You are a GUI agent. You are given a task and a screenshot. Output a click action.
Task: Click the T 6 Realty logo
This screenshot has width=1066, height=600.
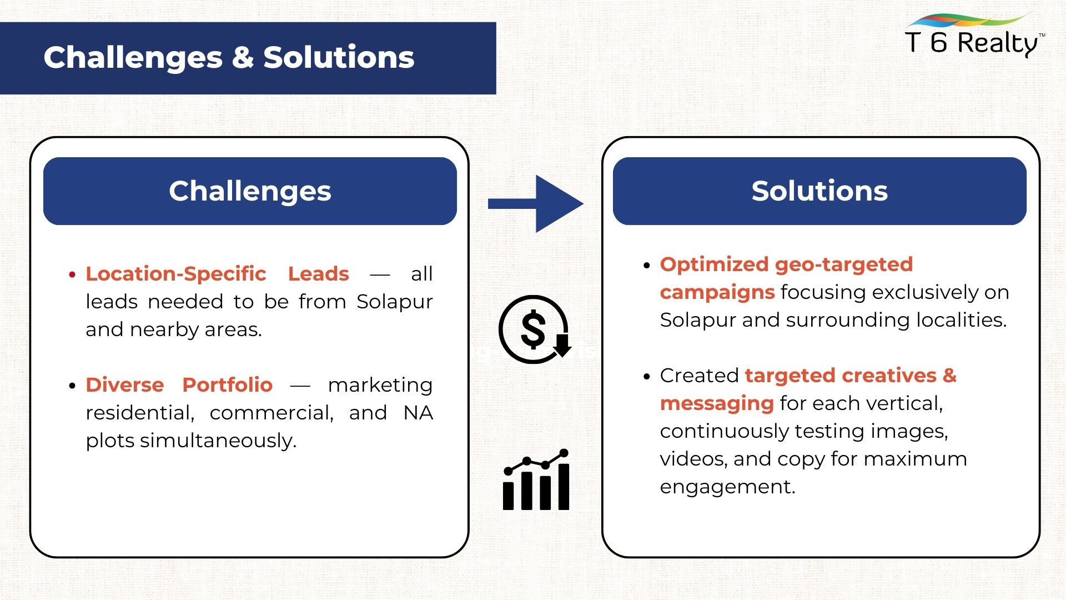click(975, 36)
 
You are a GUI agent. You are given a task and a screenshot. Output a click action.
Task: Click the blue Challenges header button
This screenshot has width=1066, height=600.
click(250, 191)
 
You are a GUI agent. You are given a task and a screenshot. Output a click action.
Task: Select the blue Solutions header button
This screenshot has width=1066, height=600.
click(819, 191)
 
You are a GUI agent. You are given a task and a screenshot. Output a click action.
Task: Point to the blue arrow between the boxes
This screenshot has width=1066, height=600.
click(535, 204)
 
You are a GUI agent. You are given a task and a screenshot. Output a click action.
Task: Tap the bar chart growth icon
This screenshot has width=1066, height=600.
click(536, 479)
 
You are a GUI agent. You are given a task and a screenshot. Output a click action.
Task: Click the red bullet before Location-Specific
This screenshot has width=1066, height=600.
click(72, 274)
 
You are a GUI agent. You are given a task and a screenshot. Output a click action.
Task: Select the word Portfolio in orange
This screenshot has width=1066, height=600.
click(228, 384)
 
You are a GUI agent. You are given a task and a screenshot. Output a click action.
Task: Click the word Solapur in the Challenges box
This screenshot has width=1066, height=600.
click(394, 302)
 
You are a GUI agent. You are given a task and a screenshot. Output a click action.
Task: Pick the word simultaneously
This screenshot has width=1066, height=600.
click(218, 441)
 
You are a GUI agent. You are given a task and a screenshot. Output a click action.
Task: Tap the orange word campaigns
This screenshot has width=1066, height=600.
click(717, 293)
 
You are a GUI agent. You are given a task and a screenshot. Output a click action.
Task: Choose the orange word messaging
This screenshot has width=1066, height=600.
click(717, 404)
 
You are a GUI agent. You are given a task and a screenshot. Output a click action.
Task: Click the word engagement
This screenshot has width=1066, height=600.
click(728, 487)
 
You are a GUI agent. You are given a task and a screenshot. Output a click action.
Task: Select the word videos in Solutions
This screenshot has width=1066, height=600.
click(693, 459)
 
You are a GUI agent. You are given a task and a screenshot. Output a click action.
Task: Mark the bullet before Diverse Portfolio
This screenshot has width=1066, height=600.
click(72, 386)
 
